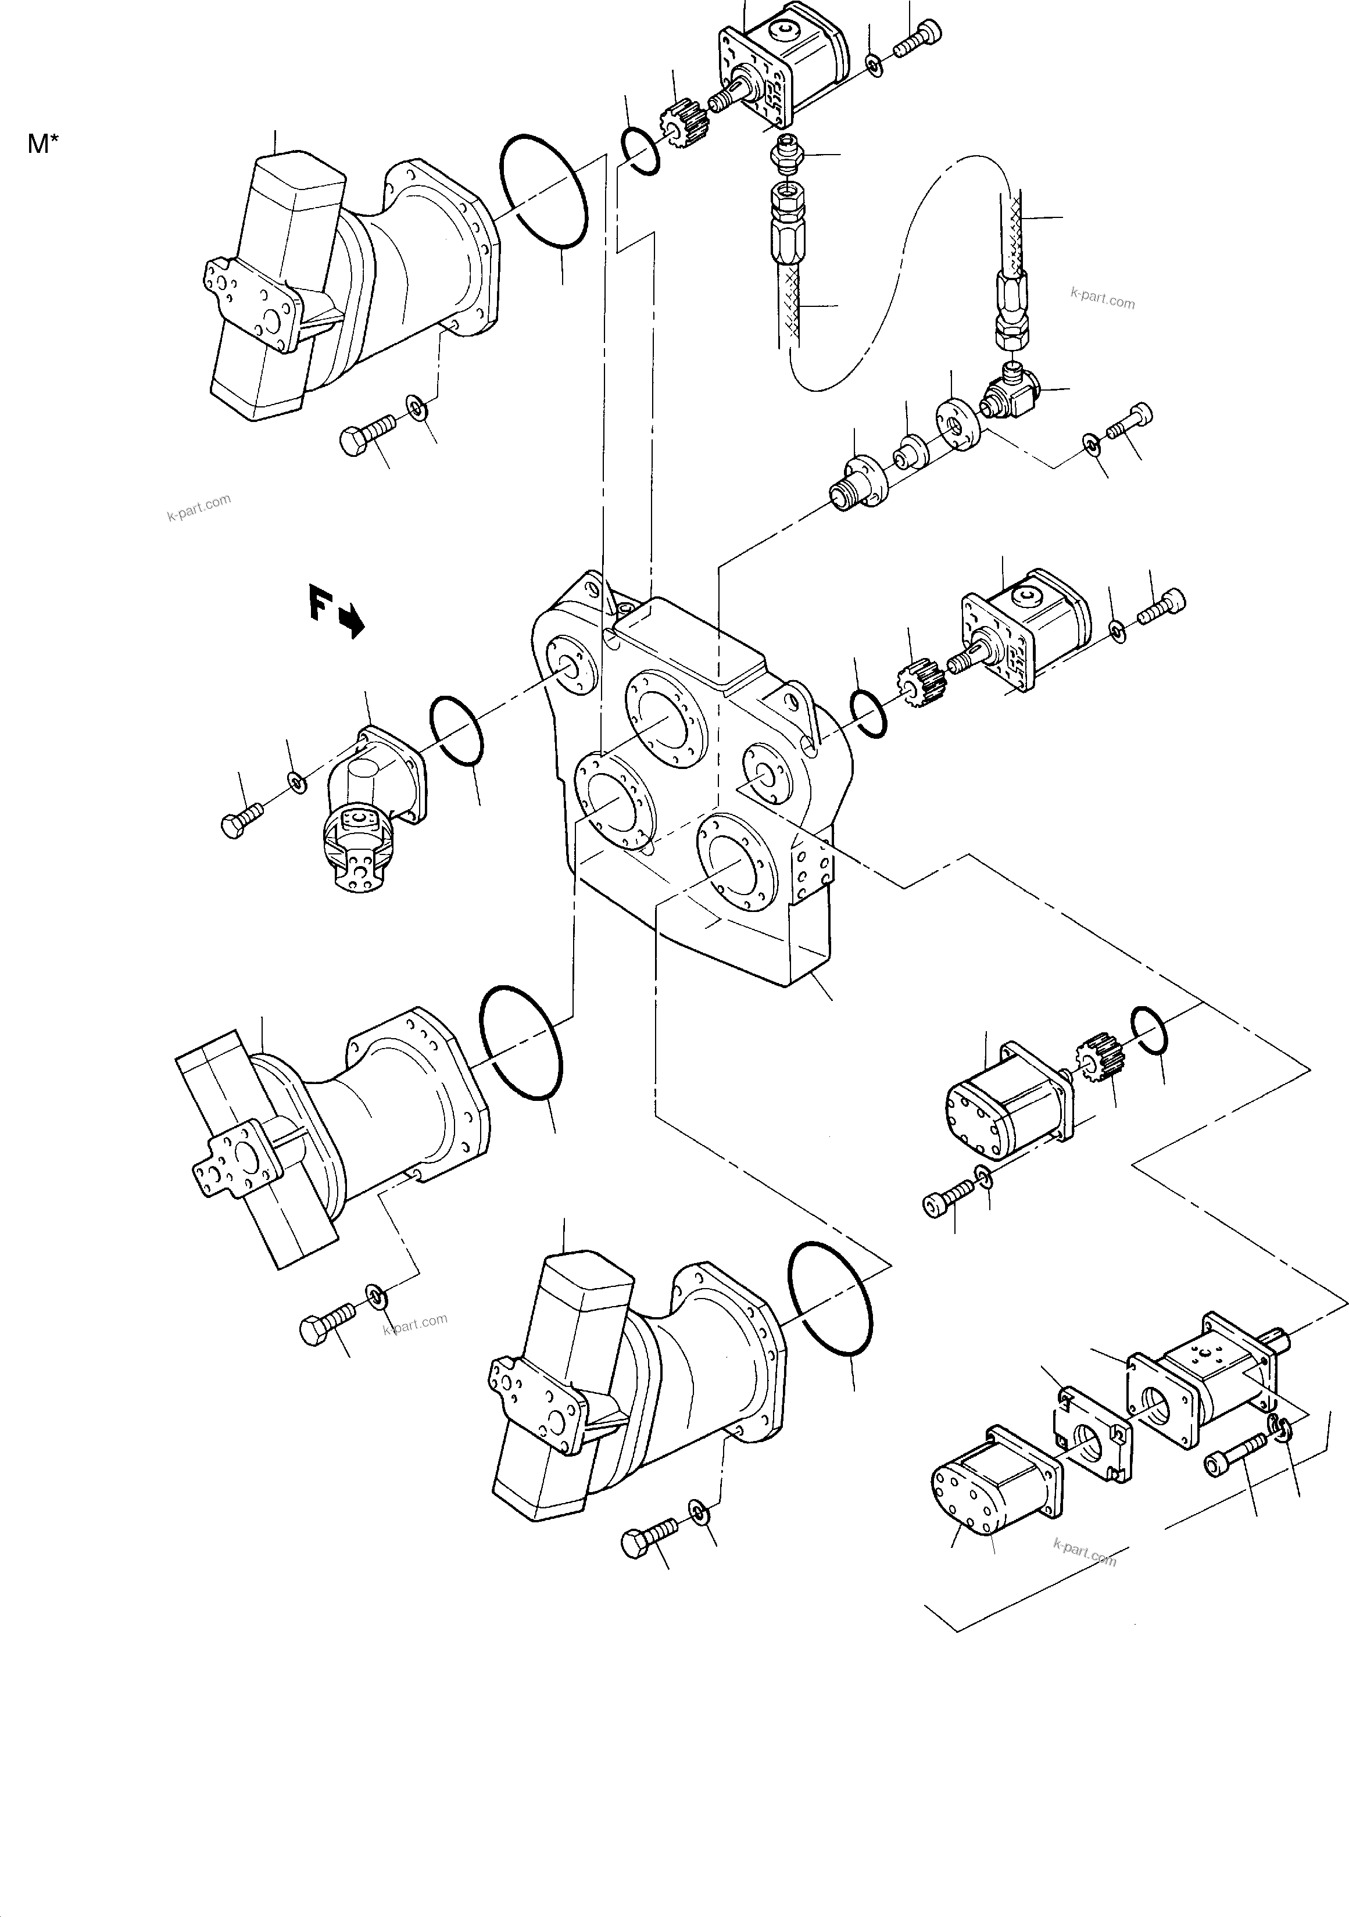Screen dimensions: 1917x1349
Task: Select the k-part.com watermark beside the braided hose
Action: pos(1102,297)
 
